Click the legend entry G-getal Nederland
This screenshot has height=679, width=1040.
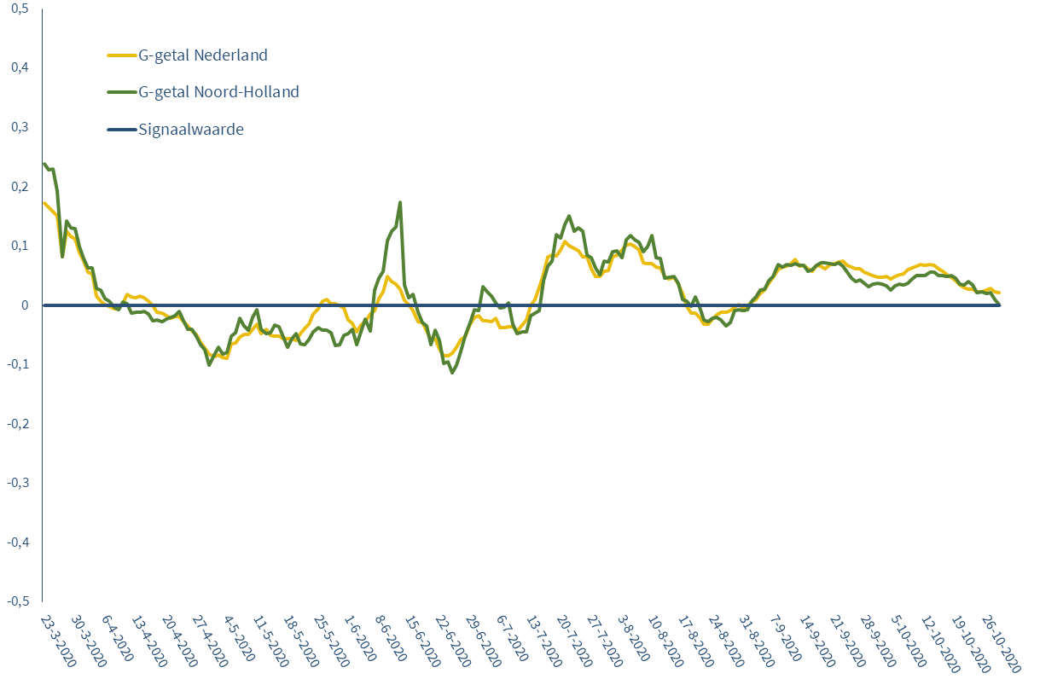pyautogui.click(x=202, y=55)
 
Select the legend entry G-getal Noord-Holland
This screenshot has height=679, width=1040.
pyautogui.click(x=218, y=91)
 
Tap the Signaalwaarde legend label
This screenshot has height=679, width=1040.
pyautogui.click(x=191, y=130)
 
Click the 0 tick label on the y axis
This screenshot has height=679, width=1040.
pyautogui.click(x=25, y=305)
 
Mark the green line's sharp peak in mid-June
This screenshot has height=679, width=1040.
pyautogui.click(x=400, y=203)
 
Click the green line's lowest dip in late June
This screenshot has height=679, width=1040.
pyautogui.click(x=452, y=373)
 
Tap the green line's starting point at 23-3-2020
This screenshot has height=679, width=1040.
pyautogui.click(x=44, y=164)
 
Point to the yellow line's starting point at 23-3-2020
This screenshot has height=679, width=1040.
pyautogui.click(x=44, y=203)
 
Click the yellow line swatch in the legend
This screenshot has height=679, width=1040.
pyautogui.click(x=120, y=55)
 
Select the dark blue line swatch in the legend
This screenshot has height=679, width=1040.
pyautogui.click(x=120, y=130)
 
